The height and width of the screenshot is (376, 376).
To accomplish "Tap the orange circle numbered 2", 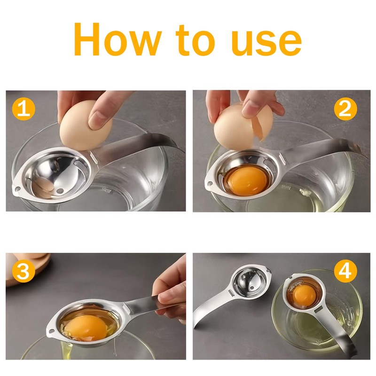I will point(345,109).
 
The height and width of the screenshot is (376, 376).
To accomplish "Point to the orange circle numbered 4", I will point(345,271).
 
